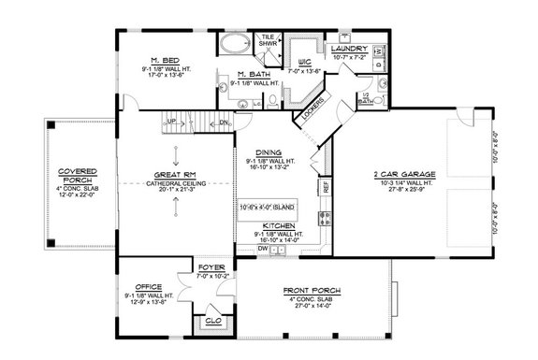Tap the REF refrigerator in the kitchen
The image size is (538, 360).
coord(325,187)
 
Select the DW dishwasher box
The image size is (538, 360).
coord(262,251)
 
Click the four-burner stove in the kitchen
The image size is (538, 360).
coord(325,220)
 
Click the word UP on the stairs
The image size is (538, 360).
coord(170,122)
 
